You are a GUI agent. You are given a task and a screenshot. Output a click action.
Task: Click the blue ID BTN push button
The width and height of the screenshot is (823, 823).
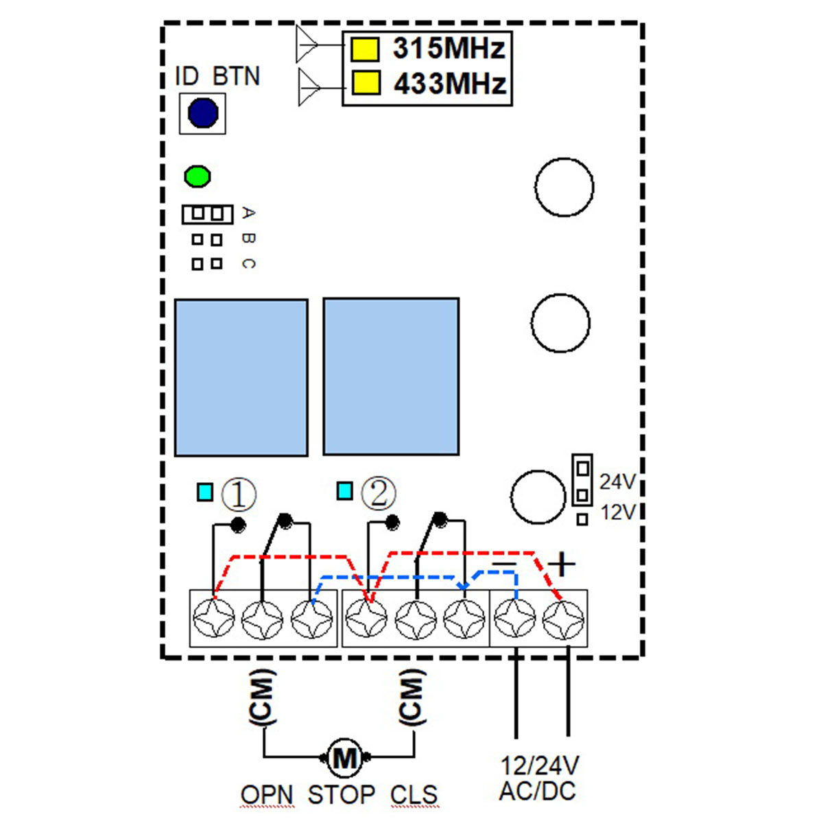tap(203, 112)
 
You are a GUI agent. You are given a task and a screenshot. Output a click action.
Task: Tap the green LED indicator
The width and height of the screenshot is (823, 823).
tap(198, 176)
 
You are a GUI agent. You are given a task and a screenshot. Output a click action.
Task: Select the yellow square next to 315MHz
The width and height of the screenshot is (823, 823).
tap(365, 49)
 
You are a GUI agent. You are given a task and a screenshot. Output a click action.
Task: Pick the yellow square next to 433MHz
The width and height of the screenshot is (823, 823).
tap(366, 83)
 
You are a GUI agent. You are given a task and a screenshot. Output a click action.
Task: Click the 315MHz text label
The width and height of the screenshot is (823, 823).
tap(449, 48)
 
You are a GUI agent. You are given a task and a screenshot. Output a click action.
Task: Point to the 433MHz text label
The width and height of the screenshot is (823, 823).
tap(450, 83)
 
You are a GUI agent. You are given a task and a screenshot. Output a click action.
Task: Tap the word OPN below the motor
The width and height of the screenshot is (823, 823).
tap(267, 794)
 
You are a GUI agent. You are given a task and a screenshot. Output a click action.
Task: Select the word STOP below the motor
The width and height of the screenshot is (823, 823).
tap(342, 794)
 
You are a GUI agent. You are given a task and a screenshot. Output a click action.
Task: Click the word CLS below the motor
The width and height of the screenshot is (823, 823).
tap(414, 794)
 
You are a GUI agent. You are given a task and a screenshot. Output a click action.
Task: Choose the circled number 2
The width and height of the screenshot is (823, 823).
tap(379, 493)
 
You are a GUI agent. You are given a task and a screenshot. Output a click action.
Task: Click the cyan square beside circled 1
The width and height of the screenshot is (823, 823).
tap(205, 492)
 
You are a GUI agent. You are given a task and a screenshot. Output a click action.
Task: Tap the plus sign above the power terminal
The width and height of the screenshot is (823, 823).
tap(561, 564)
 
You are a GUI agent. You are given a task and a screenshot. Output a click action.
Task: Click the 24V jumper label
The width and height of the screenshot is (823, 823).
tap(617, 482)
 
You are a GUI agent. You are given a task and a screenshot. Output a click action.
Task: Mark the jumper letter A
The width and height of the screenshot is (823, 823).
tap(248, 213)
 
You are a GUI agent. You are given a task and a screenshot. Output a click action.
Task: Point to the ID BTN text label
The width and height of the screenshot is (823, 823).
tap(217, 76)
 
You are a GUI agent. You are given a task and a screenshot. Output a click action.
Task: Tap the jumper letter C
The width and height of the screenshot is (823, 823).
tap(248, 264)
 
